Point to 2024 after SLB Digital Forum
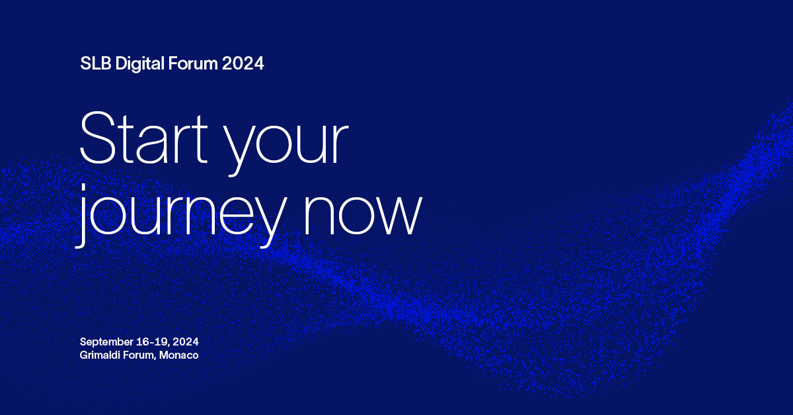click(243, 64)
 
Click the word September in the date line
click(105, 342)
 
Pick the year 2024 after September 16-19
click(186, 342)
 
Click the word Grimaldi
click(99, 355)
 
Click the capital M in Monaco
click(164, 355)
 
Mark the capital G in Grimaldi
click(84, 355)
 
